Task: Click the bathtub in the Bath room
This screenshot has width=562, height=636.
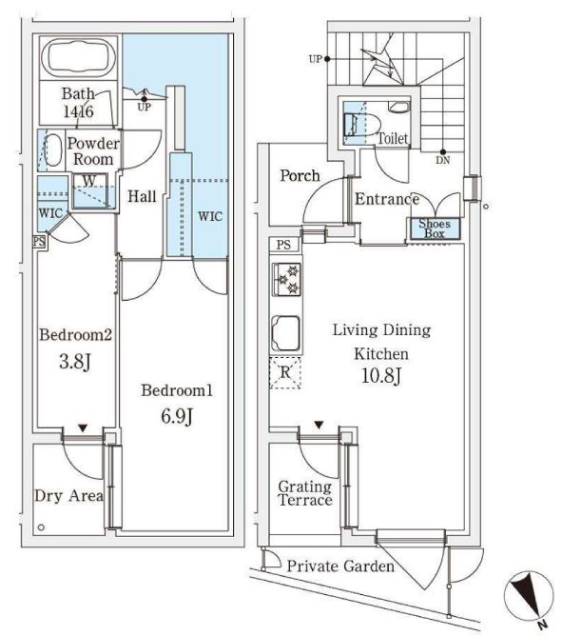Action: pos(78,57)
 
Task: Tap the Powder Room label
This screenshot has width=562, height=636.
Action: pos(93,150)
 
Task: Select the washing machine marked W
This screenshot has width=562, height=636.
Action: pos(90,191)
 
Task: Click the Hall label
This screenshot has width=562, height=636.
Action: pos(142,197)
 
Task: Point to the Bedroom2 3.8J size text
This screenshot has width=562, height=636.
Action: pos(75,361)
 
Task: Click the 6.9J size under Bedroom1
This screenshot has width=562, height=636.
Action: pos(177,416)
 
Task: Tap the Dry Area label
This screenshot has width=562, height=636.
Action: pos(68,496)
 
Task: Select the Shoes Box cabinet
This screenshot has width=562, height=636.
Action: pos(435,229)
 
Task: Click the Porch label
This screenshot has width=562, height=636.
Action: pos(300,175)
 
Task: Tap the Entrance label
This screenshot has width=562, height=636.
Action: pos(387,199)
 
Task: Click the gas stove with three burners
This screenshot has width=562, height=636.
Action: pos(287,279)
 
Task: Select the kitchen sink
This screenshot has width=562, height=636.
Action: pos(285,333)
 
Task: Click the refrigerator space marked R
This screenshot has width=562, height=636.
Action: pos(285,373)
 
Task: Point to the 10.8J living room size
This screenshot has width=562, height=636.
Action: pos(381,376)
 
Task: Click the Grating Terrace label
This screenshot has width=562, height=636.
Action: pos(305,493)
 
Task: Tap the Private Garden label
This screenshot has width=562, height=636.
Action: pos(340,566)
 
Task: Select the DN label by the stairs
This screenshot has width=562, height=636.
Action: pos(443,160)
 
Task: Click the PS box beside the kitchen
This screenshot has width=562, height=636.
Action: pos(283,245)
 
